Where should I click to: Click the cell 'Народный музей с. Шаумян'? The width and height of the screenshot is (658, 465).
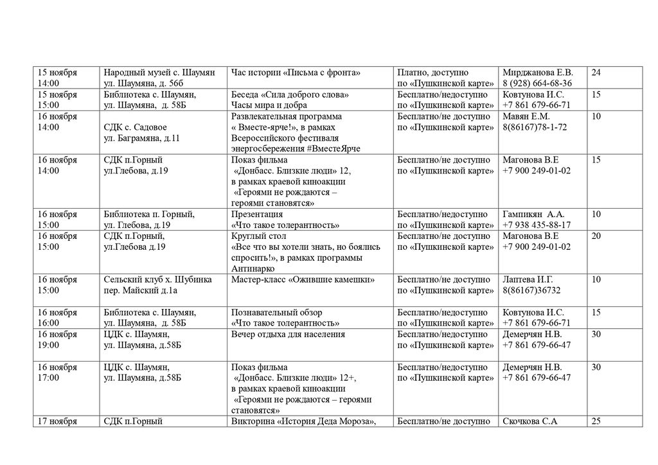click(159, 73)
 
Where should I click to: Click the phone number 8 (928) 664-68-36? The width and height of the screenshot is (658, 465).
click(537, 83)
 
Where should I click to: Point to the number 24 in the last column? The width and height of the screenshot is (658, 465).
click(596, 73)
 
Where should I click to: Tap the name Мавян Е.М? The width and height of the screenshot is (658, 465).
click(526, 116)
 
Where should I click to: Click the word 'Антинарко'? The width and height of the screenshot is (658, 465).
click(253, 268)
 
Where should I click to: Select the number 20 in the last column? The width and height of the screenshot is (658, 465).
click(596, 236)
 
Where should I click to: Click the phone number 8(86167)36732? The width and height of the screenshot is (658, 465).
click(531, 290)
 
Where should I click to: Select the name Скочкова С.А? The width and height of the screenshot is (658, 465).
click(529, 421)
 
